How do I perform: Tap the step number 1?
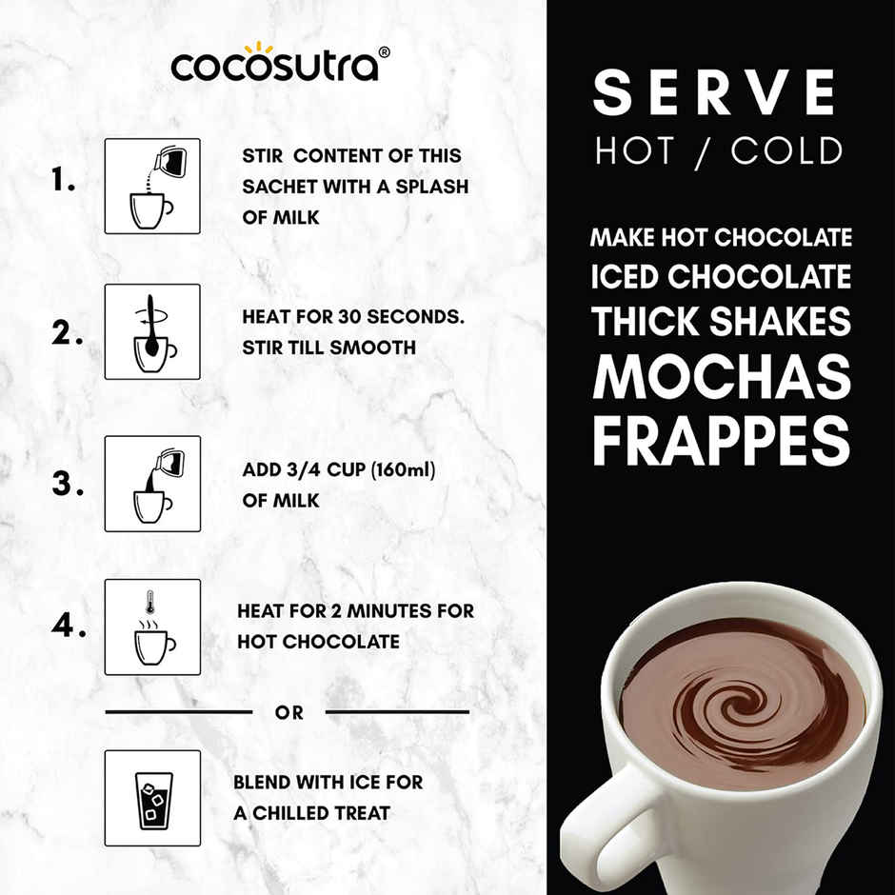click(63, 181)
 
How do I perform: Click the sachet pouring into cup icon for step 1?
click(152, 187)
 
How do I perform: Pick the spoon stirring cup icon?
click(152, 331)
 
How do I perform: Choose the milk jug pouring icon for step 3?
click(152, 484)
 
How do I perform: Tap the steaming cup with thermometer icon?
click(152, 626)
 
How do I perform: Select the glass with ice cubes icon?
click(152, 798)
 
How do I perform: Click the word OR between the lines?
click(288, 713)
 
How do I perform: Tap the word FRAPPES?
click(721, 440)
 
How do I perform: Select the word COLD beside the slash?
click(787, 150)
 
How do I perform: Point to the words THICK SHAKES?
click(721, 321)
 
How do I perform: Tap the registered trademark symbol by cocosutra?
click(385, 52)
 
